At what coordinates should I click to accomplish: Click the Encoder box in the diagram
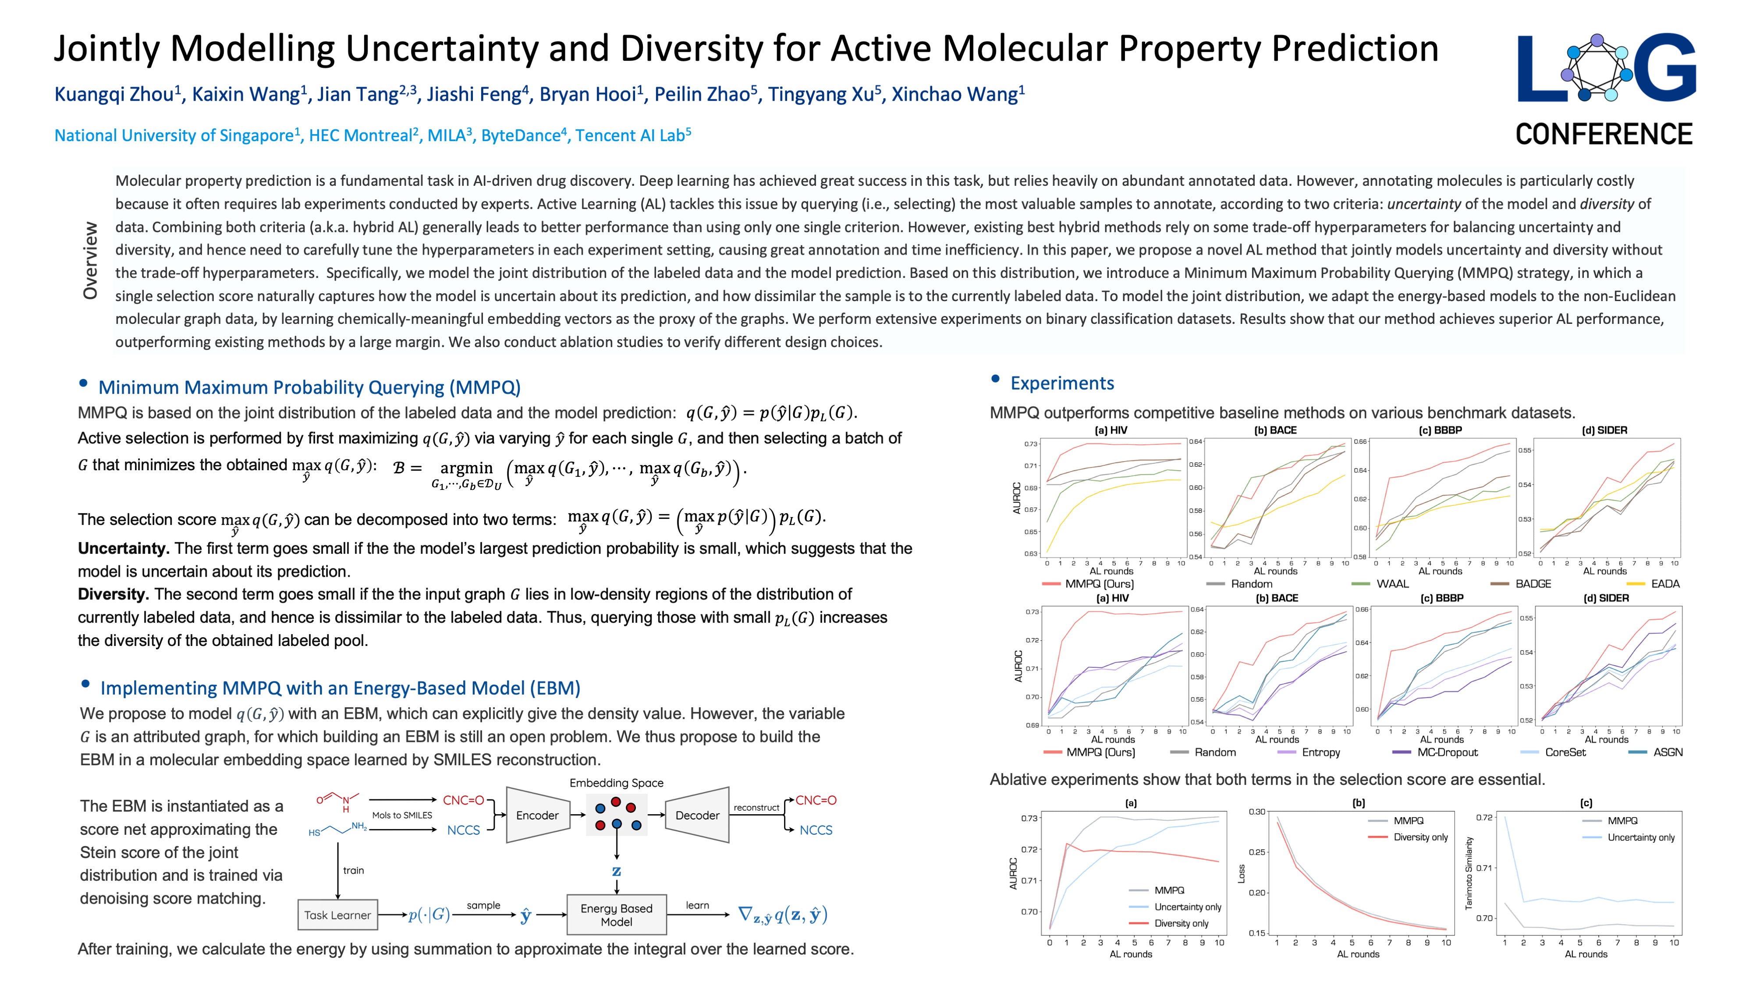click(537, 815)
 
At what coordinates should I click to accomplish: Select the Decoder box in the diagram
click(697, 815)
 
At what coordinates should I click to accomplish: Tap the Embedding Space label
click(616, 783)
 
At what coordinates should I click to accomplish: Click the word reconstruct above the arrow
click(756, 808)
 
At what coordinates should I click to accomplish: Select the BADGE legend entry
click(1533, 584)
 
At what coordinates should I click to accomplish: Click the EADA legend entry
click(1664, 584)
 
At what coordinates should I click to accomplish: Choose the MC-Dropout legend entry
click(1447, 752)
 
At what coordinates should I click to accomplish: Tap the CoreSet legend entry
click(1565, 752)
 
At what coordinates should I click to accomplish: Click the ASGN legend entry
click(1667, 752)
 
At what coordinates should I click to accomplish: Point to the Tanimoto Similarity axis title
click(1469, 873)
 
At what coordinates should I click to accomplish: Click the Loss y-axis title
click(1241, 874)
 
